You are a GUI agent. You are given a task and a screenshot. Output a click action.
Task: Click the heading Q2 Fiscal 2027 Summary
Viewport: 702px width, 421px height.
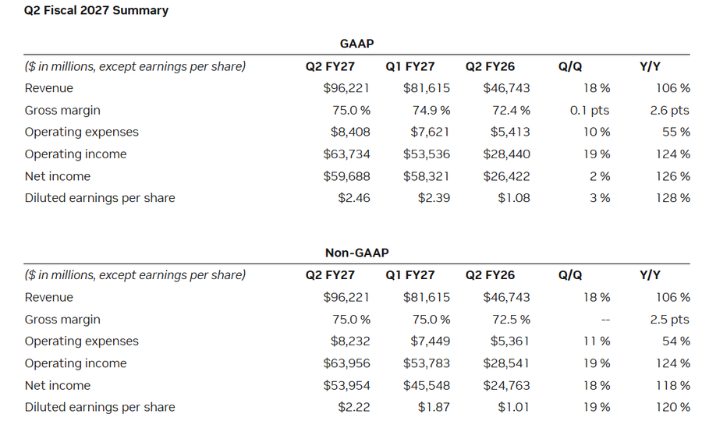coord(96,10)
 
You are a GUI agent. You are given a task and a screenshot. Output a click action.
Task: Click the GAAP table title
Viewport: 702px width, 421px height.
coord(356,44)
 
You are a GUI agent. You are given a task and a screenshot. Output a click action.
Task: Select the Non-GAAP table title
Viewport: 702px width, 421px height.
coord(356,253)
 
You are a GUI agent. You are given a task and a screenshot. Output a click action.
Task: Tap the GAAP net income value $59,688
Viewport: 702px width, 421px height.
coord(346,176)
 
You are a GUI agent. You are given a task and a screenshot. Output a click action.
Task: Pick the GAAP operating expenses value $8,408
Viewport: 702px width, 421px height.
coord(350,132)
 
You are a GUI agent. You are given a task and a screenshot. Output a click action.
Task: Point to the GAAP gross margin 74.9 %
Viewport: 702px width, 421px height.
coord(431,110)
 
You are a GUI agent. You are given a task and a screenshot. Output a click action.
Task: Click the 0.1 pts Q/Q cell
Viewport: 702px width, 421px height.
coord(589,110)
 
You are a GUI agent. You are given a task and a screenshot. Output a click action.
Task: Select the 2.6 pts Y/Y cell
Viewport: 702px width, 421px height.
coord(669,110)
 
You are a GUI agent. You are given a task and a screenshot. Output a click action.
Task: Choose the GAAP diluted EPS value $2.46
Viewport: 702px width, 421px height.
coord(353,198)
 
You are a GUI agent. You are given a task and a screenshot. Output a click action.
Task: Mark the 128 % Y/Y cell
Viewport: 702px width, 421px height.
coord(673,198)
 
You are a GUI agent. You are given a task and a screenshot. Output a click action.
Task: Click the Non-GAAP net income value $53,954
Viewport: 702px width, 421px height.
coord(346,386)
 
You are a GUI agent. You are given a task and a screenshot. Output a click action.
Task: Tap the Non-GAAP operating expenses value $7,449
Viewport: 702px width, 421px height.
coord(431,341)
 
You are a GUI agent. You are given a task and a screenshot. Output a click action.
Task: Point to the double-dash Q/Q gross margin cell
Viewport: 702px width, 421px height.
coord(605,320)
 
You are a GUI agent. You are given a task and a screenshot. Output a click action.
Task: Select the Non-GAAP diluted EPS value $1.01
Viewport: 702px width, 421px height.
coord(513,408)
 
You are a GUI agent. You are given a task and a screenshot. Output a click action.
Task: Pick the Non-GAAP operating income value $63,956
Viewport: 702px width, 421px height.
coord(346,363)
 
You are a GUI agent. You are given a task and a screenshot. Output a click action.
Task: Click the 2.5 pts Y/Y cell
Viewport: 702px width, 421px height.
coord(669,320)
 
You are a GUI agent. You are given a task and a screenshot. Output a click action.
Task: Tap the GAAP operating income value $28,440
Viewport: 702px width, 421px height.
coord(506,154)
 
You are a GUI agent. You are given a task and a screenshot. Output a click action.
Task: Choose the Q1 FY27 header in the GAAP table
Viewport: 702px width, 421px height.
coord(410,67)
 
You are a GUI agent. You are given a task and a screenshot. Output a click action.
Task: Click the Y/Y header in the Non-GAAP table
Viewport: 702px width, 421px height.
coord(650,275)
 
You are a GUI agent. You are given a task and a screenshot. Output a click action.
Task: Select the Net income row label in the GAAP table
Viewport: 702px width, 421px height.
coord(57,176)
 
